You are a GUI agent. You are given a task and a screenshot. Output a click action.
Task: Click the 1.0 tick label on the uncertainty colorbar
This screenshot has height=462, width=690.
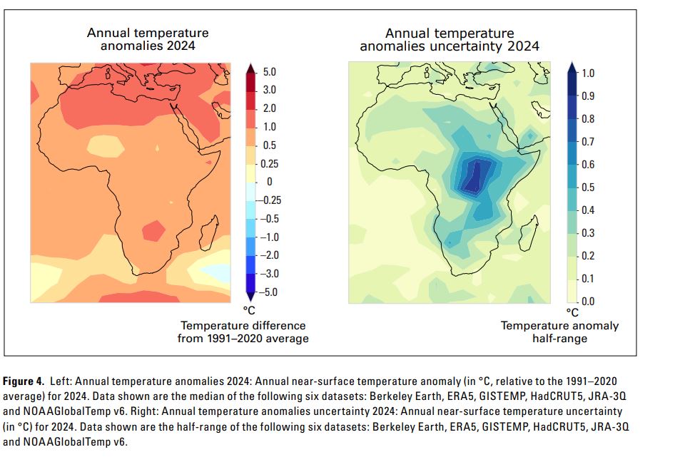tap(589, 73)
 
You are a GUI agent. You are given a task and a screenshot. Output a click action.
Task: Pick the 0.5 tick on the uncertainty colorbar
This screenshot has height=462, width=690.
tap(589, 188)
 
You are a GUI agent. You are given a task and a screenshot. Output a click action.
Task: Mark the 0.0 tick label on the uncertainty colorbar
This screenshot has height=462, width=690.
tap(589, 302)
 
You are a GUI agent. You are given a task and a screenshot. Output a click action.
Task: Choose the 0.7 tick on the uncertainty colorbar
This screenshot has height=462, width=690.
tap(589, 141)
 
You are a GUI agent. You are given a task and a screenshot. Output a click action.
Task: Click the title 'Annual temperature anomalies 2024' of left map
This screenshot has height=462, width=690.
tap(148, 39)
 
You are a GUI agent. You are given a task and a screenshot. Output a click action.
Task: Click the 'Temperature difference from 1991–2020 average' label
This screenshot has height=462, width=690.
tap(243, 332)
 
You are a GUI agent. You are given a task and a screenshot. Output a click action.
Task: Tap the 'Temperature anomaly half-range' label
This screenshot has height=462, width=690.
tap(559, 332)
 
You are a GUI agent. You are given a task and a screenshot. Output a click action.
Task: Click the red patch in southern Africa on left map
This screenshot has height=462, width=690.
tap(153, 231)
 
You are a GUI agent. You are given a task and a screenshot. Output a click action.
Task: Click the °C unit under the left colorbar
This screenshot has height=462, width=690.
tap(250, 311)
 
